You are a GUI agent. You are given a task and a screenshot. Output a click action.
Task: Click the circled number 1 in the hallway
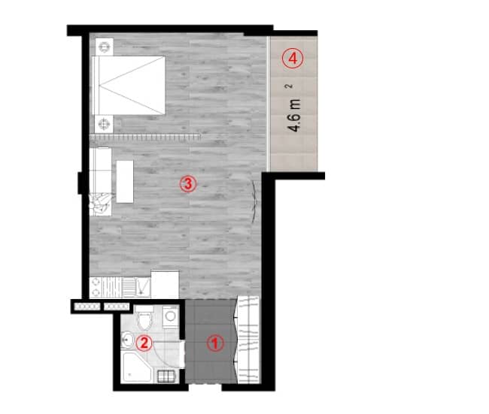215,344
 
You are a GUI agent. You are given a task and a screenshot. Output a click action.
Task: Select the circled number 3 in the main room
188,183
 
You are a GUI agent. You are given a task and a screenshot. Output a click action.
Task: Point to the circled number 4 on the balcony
293,56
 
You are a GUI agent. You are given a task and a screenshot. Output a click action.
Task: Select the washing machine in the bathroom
171,318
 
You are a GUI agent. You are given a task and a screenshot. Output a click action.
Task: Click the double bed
128,84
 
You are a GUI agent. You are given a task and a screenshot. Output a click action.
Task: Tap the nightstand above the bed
103,47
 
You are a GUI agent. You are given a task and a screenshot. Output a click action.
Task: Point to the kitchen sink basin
128,286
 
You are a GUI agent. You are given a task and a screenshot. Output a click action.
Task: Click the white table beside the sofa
124,181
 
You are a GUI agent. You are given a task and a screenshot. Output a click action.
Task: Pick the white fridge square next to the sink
165,283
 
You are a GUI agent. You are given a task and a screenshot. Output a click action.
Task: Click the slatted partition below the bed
145,137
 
